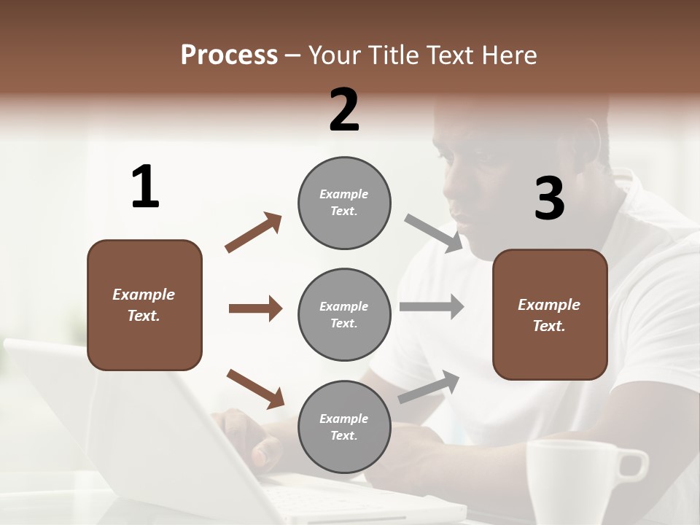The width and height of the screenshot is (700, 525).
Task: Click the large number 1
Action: click(x=145, y=187)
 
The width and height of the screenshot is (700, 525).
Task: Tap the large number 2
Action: click(x=344, y=110)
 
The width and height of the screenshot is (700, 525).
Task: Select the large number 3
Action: click(x=549, y=199)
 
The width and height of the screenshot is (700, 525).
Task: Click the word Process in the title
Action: click(x=229, y=55)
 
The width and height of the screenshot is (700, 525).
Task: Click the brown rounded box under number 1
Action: click(x=144, y=305)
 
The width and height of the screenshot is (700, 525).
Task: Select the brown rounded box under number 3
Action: click(x=550, y=315)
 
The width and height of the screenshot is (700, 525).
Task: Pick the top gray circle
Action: click(x=344, y=203)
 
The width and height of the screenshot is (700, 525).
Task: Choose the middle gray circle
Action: click(x=344, y=315)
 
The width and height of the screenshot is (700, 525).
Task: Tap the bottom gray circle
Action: click(x=344, y=427)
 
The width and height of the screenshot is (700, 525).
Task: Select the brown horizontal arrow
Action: click(x=255, y=308)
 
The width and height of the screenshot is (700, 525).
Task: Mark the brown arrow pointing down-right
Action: click(x=255, y=389)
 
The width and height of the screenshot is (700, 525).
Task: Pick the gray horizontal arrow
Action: click(x=432, y=306)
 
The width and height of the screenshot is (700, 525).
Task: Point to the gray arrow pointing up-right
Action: click(x=429, y=386)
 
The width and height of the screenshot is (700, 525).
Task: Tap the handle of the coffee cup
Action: click(x=633, y=464)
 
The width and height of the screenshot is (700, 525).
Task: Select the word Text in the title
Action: click(x=453, y=55)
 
